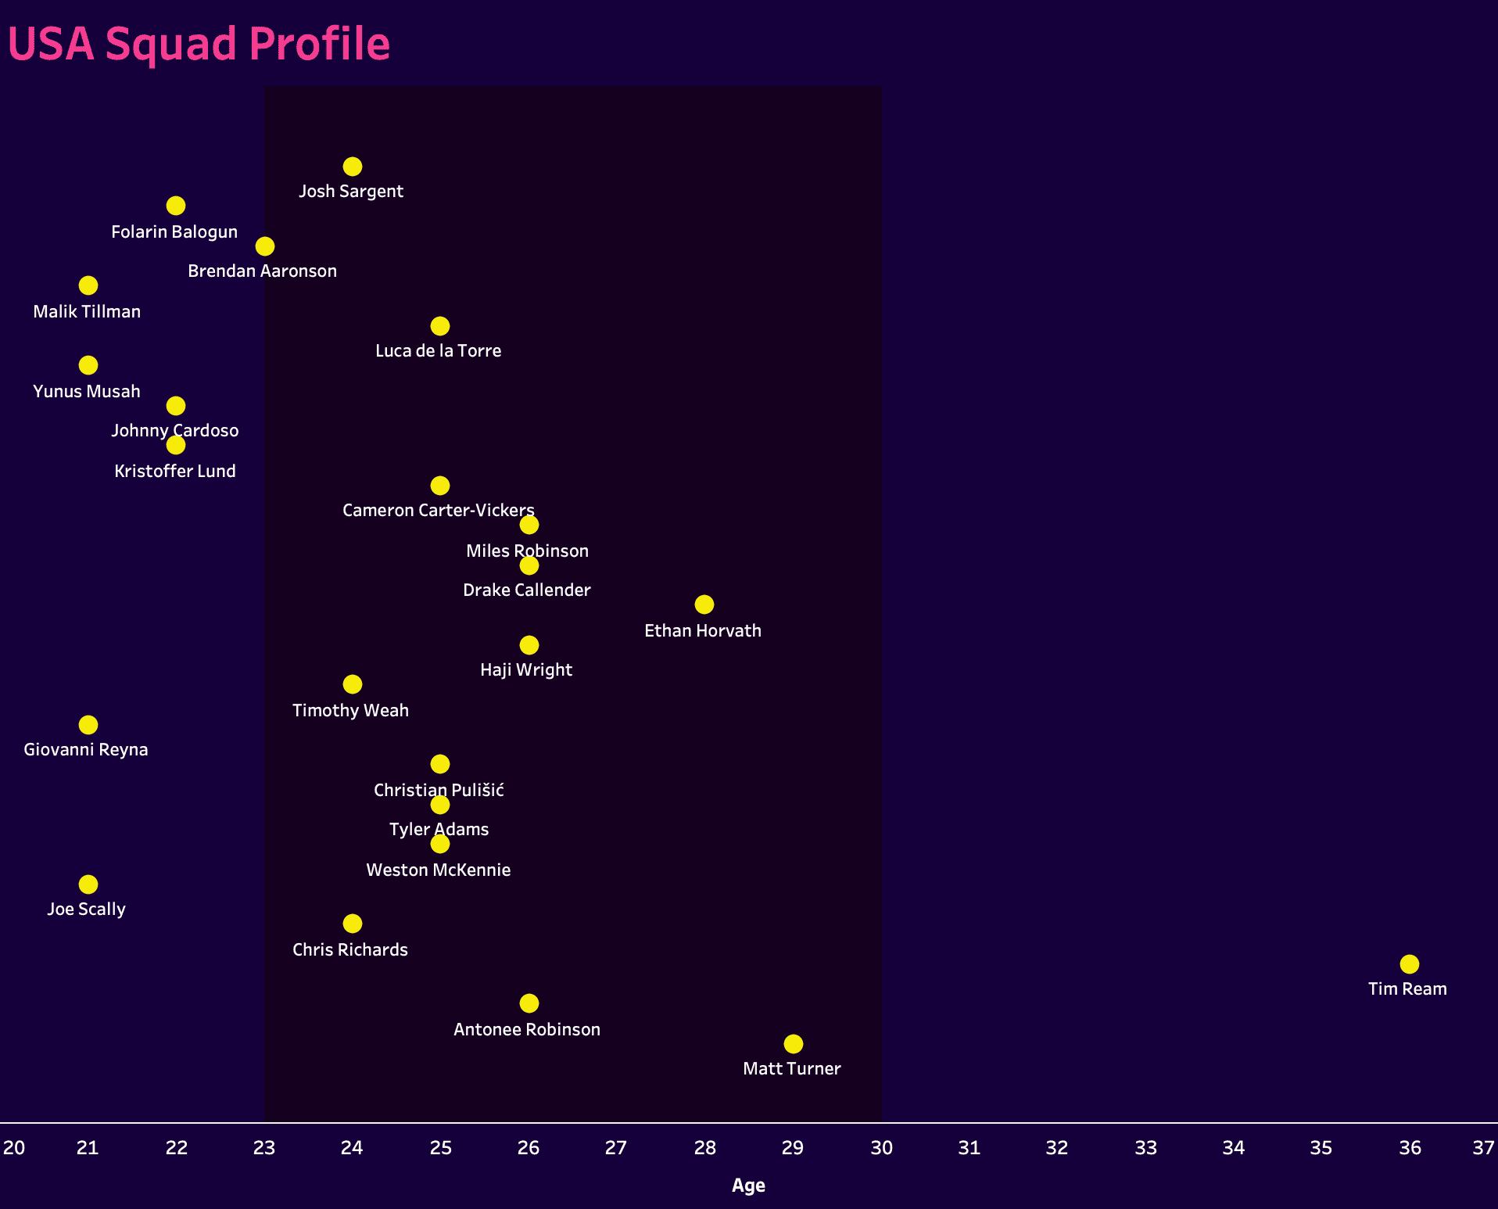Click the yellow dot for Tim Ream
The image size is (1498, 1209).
click(1409, 964)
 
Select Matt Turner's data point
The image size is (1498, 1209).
click(793, 1044)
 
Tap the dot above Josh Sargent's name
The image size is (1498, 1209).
click(353, 167)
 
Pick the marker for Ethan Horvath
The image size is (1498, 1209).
click(704, 604)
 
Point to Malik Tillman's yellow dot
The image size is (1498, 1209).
click(88, 285)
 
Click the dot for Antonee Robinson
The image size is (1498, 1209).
click(529, 1003)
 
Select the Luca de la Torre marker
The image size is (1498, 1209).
click(440, 326)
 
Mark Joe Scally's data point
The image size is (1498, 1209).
click(88, 884)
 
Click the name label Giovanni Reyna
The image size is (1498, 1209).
click(86, 750)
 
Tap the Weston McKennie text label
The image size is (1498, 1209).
click(439, 870)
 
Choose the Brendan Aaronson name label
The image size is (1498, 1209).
click(263, 271)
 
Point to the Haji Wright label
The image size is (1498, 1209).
click(526, 670)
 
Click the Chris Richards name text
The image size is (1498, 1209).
click(350, 950)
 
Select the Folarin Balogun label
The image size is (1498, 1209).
click(174, 232)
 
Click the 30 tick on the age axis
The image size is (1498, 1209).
click(882, 1148)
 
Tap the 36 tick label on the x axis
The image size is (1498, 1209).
click(1410, 1148)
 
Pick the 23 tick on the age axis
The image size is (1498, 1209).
click(264, 1148)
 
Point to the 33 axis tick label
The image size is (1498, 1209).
click(1145, 1148)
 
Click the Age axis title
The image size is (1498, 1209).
click(748, 1186)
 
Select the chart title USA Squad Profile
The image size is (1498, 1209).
click(199, 44)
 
